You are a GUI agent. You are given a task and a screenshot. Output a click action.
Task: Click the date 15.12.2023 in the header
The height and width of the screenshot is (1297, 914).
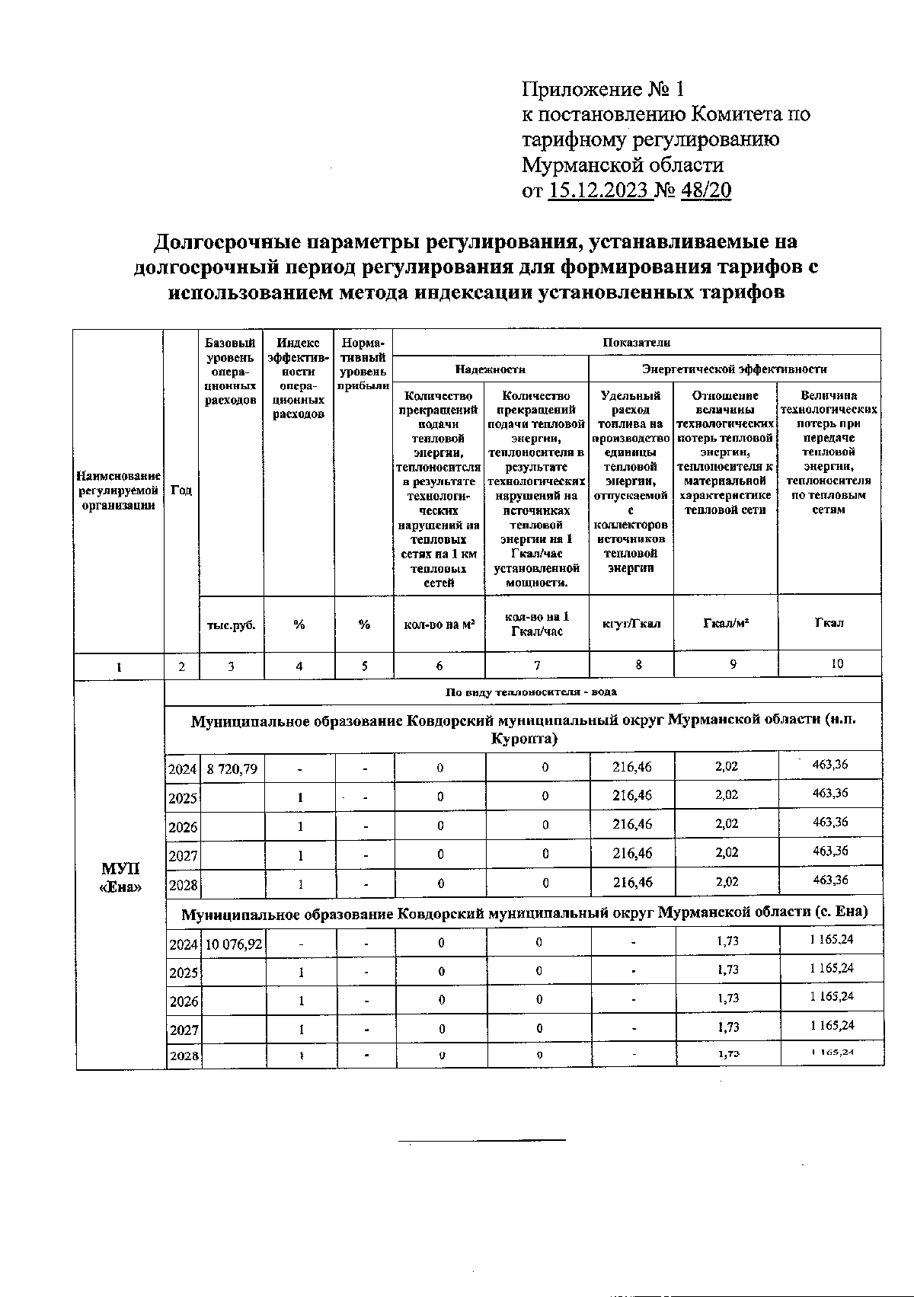click(x=599, y=190)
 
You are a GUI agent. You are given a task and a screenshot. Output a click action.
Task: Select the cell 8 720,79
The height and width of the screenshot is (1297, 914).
click(x=232, y=768)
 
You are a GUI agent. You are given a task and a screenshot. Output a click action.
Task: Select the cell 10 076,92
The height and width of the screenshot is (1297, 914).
click(x=234, y=944)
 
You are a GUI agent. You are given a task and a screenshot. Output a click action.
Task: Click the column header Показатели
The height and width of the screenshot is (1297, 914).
click(x=636, y=342)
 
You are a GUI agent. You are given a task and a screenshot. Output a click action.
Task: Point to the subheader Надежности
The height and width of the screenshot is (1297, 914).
click(x=491, y=369)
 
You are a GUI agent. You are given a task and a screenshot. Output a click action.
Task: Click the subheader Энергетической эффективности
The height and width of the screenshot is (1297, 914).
click(x=734, y=369)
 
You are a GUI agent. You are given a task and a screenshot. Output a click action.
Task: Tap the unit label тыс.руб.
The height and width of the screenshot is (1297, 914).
click(x=231, y=625)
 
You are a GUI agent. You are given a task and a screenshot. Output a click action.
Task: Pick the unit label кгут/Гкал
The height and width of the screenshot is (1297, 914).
click(x=631, y=624)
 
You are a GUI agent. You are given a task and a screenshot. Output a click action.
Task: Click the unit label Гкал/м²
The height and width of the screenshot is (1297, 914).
click(x=725, y=623)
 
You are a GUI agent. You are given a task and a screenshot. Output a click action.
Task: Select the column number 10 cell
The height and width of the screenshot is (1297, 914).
click(x=836, y=663)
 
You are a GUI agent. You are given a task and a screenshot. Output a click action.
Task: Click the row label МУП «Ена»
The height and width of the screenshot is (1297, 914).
click(x=120, y=877)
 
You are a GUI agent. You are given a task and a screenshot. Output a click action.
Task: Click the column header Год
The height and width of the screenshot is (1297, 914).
click(x=181, y=490)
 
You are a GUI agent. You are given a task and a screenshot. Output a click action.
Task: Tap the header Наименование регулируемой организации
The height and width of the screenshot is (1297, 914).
click(x=119, y=490)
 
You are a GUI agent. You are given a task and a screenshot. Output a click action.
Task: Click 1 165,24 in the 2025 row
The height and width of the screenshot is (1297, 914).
click(x=831, y=969)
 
